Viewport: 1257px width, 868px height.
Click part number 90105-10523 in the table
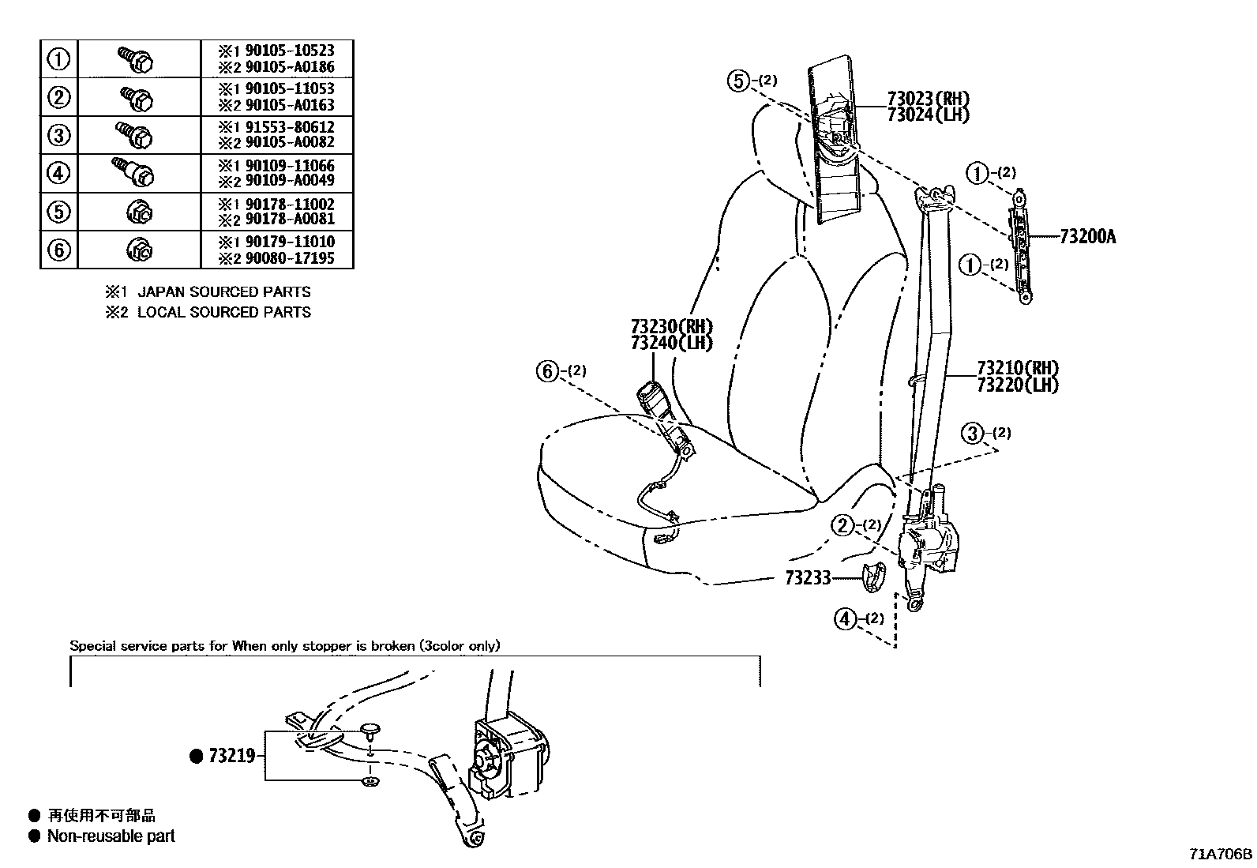pos(289,51)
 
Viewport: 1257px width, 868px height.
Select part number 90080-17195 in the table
pos(289,258)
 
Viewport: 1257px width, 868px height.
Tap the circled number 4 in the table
pos(59,173)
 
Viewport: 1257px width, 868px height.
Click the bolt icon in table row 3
pos(134,135)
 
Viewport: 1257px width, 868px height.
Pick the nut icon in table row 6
pos(140,250)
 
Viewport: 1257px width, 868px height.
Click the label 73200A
pos(1087,236)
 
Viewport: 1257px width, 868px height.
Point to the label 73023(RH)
pos(928,99)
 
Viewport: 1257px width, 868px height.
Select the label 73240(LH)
pos(671,343)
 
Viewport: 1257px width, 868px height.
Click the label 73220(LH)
pos(1017,385)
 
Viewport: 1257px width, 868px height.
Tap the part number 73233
pos(808,578)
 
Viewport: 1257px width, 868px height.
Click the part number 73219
pos(231,756)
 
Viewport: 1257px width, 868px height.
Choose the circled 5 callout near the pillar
pos(738,81)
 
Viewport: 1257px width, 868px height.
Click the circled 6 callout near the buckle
pos(548,370)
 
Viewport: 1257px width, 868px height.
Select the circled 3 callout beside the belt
pos(973,433)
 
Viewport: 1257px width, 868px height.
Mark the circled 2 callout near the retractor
pos(843,525)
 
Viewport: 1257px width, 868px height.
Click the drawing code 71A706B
pos(1221,854)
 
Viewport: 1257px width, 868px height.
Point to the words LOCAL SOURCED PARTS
pos(224,312)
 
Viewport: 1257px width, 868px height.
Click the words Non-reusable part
pos(111,836)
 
